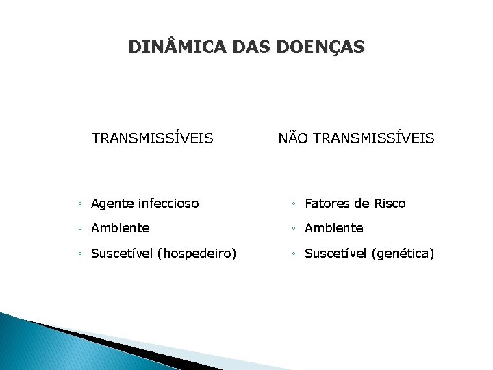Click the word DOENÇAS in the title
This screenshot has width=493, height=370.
coord(320,47)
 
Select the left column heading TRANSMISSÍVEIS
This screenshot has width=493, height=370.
coord(152,138)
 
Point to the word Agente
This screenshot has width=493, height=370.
coord(112,203)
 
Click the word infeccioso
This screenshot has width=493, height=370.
coord(168,203)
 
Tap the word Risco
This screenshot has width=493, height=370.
coord(390,203)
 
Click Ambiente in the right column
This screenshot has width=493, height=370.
coord(333,228)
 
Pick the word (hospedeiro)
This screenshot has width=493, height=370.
coord(197,254)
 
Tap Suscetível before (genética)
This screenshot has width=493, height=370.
coord(336,254)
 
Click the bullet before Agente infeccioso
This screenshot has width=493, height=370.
coord(81,204)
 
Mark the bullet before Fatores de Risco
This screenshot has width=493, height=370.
coord(293,204)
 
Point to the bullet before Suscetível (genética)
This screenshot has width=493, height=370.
coord(293,254)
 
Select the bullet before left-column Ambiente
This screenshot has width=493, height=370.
coord(81,229)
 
